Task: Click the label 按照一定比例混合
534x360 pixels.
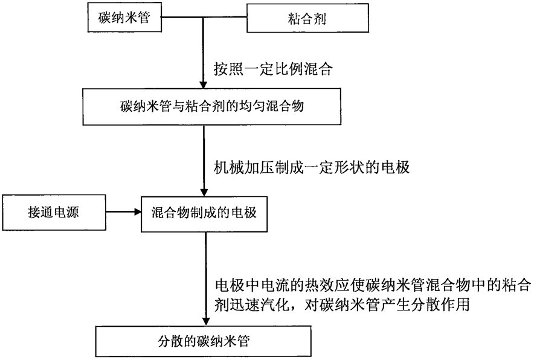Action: tap(273, 69)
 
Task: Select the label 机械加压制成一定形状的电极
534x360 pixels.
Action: tap(312, 167)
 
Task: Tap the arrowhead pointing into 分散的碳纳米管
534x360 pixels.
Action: tap(206, 321)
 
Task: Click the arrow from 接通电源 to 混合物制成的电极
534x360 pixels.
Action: tap(124, 212)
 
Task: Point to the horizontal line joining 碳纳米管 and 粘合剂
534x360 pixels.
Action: tap(204, 18)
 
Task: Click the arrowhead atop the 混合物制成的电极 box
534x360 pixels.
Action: tap(204, 192)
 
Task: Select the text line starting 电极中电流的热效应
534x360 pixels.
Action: tap(373, 285)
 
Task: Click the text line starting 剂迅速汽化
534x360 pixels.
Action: tap(342, 304)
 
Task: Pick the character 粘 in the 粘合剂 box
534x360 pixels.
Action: tap(294, 18)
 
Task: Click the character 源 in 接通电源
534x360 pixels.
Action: tap(72, 213)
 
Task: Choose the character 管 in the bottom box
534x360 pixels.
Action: tap(243, 341)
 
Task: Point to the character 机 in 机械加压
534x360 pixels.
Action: tap(220, 167)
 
